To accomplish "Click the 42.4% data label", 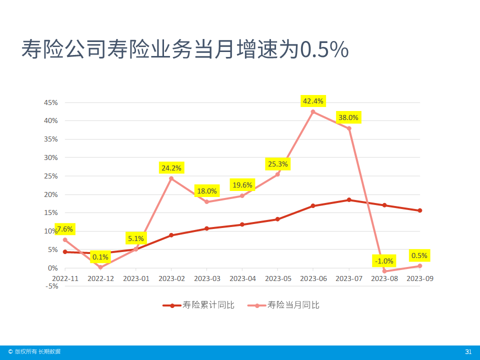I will pos(313,101).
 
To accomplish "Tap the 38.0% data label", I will pos(348,117).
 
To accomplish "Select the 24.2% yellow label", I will pos(171,167).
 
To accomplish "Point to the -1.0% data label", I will pos(384,260).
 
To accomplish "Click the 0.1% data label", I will pos(100,257).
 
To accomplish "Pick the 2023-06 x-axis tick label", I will pos(313,278).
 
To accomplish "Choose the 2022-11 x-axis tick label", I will pos(65,278).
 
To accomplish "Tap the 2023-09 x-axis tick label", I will pos(419,278).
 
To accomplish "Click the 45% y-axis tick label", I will pos(51,102).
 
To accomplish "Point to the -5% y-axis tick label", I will pos(51,286).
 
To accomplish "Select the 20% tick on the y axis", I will pos(51,194).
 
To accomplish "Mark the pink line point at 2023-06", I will pos(313,111).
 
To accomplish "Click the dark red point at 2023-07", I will pos(348,200).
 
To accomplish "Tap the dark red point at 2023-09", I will pos(419,210).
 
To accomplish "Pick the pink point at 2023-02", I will pos(171,178).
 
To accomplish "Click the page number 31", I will pos(468,351).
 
